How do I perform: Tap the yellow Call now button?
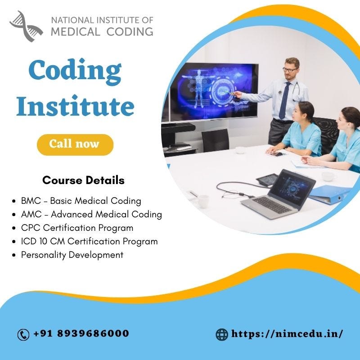(x=75, y=144)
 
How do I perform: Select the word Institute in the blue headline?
(x=75, y=106)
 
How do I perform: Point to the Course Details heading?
(x=83, y=180)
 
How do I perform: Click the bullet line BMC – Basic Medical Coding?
(x=81, y=201)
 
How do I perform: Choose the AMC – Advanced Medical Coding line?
(x=91, y=214)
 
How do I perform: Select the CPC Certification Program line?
(x=77, y=228)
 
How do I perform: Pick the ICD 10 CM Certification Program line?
(x=89, y=241)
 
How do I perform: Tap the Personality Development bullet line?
(x=72, y=255)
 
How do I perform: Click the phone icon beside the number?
(x=23, y=334)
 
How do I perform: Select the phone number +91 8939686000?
(x=81, y=334)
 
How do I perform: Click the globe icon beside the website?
(x=222, y=334)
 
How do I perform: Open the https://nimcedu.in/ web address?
(x=287, y=334)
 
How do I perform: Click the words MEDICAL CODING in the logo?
(x=102, y=31)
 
